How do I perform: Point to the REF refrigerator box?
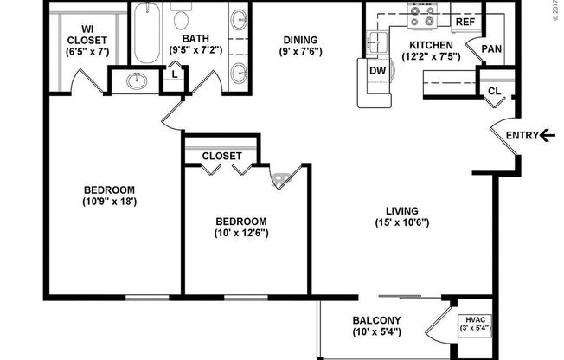point(465,22)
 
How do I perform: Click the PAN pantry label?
point(490,50)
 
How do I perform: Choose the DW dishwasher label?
point(377,70)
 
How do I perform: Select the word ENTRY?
point(521,134)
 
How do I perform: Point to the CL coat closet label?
point(494,91)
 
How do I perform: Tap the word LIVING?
point(402,210)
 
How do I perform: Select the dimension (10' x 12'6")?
point(240,233)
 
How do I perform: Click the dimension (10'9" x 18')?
point(109,202)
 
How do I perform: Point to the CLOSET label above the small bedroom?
point(222,156)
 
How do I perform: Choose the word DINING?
point(300,40)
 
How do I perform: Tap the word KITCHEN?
point(430,45)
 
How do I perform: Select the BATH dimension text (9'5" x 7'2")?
point(196,50)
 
